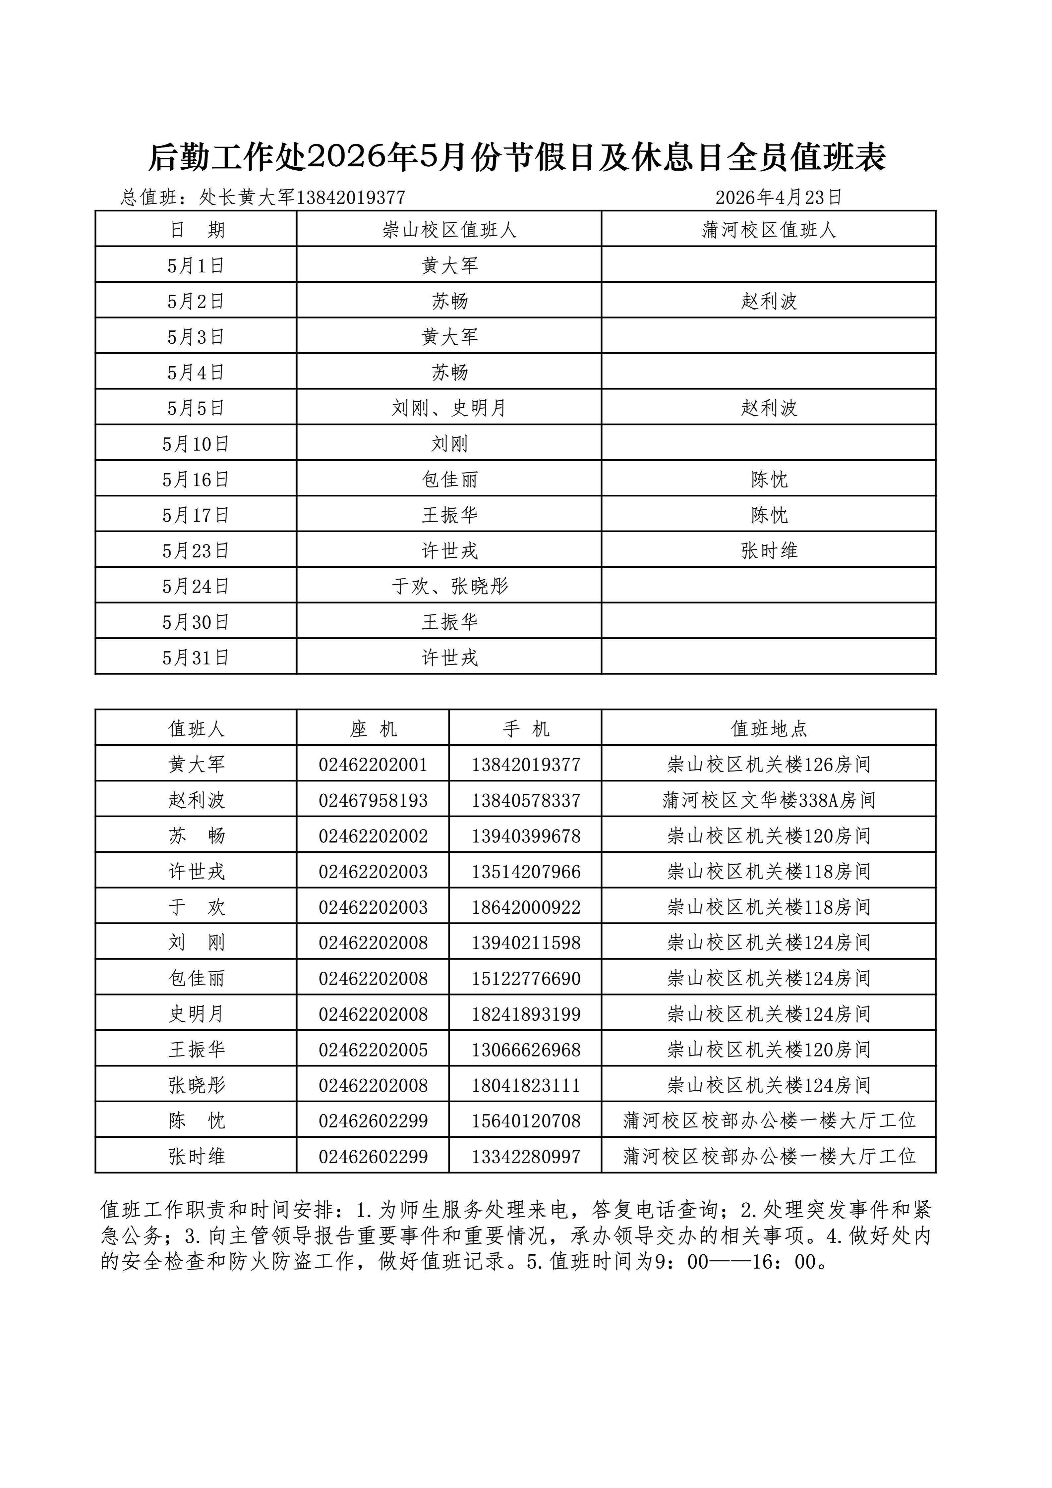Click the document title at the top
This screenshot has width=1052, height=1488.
(517, 158)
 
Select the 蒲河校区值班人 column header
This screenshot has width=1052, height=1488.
(769, 230)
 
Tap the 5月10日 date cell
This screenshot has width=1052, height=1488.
(196, 444)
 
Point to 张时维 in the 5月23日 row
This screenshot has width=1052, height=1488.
(769, 551)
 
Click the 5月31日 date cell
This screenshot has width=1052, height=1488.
(196, 658)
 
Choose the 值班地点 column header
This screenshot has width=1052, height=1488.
(769, 729)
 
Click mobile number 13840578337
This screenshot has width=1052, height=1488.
(526, 800)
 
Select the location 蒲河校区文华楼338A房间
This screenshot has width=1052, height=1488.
(769, 800)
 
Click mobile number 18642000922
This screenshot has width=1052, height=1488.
(526, 907)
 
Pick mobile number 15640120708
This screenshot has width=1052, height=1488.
(526, 1121)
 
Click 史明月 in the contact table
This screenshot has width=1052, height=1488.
(196, 1014)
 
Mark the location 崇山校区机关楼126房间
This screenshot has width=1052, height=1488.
(769, 765)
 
